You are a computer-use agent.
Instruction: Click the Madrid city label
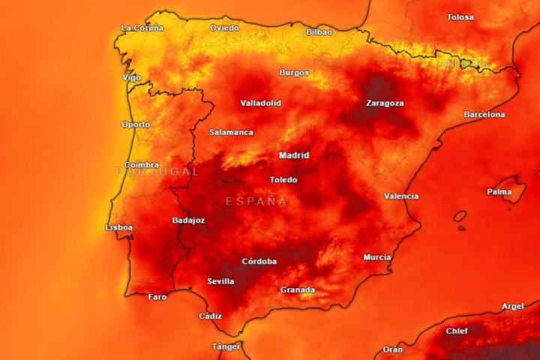tap(294, 156)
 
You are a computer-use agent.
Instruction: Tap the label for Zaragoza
tap(385, 103)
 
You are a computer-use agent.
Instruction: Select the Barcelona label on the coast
tap(484, 115)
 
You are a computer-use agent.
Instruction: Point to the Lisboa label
tap(119, 226)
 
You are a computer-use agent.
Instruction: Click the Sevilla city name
tap(220, 281)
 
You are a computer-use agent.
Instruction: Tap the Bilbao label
tap(319, 32)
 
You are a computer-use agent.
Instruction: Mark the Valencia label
tap(401, 196)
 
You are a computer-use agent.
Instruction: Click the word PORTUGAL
tap(157, 172)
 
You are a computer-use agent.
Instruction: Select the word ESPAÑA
tap(256, 202)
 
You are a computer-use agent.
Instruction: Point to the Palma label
tap(499, 192)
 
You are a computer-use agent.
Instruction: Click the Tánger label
tap(226, 346)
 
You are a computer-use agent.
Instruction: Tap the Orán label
tap(393, 349)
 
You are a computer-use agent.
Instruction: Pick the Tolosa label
tap(460, 17)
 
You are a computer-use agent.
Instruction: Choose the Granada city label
tap(298, 289)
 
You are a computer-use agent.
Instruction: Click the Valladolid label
tap(261, 103)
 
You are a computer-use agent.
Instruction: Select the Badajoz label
tap(188, 220)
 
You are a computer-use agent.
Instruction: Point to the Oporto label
tap(136, 124)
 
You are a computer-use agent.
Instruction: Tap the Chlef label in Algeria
tap(457, 331)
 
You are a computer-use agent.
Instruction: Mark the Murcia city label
tap(377, 257)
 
